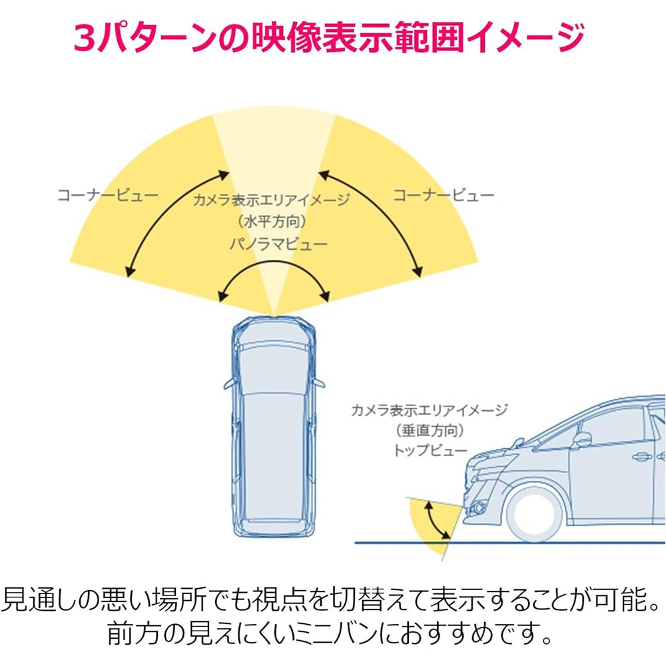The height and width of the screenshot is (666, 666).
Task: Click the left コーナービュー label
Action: point(108,195)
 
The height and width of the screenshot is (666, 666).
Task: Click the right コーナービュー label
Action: point(444,195)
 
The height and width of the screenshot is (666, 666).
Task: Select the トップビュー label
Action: point(430,450)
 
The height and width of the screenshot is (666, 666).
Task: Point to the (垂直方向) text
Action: point(430,430)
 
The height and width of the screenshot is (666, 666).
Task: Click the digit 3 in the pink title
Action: point(85,39)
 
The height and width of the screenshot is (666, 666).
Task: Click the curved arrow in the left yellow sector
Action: point(174,222)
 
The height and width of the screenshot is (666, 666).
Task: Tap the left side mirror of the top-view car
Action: point(228,384)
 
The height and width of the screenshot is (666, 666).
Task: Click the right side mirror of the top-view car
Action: point(320,384)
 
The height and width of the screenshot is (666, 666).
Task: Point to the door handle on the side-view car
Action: point(641,458)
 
